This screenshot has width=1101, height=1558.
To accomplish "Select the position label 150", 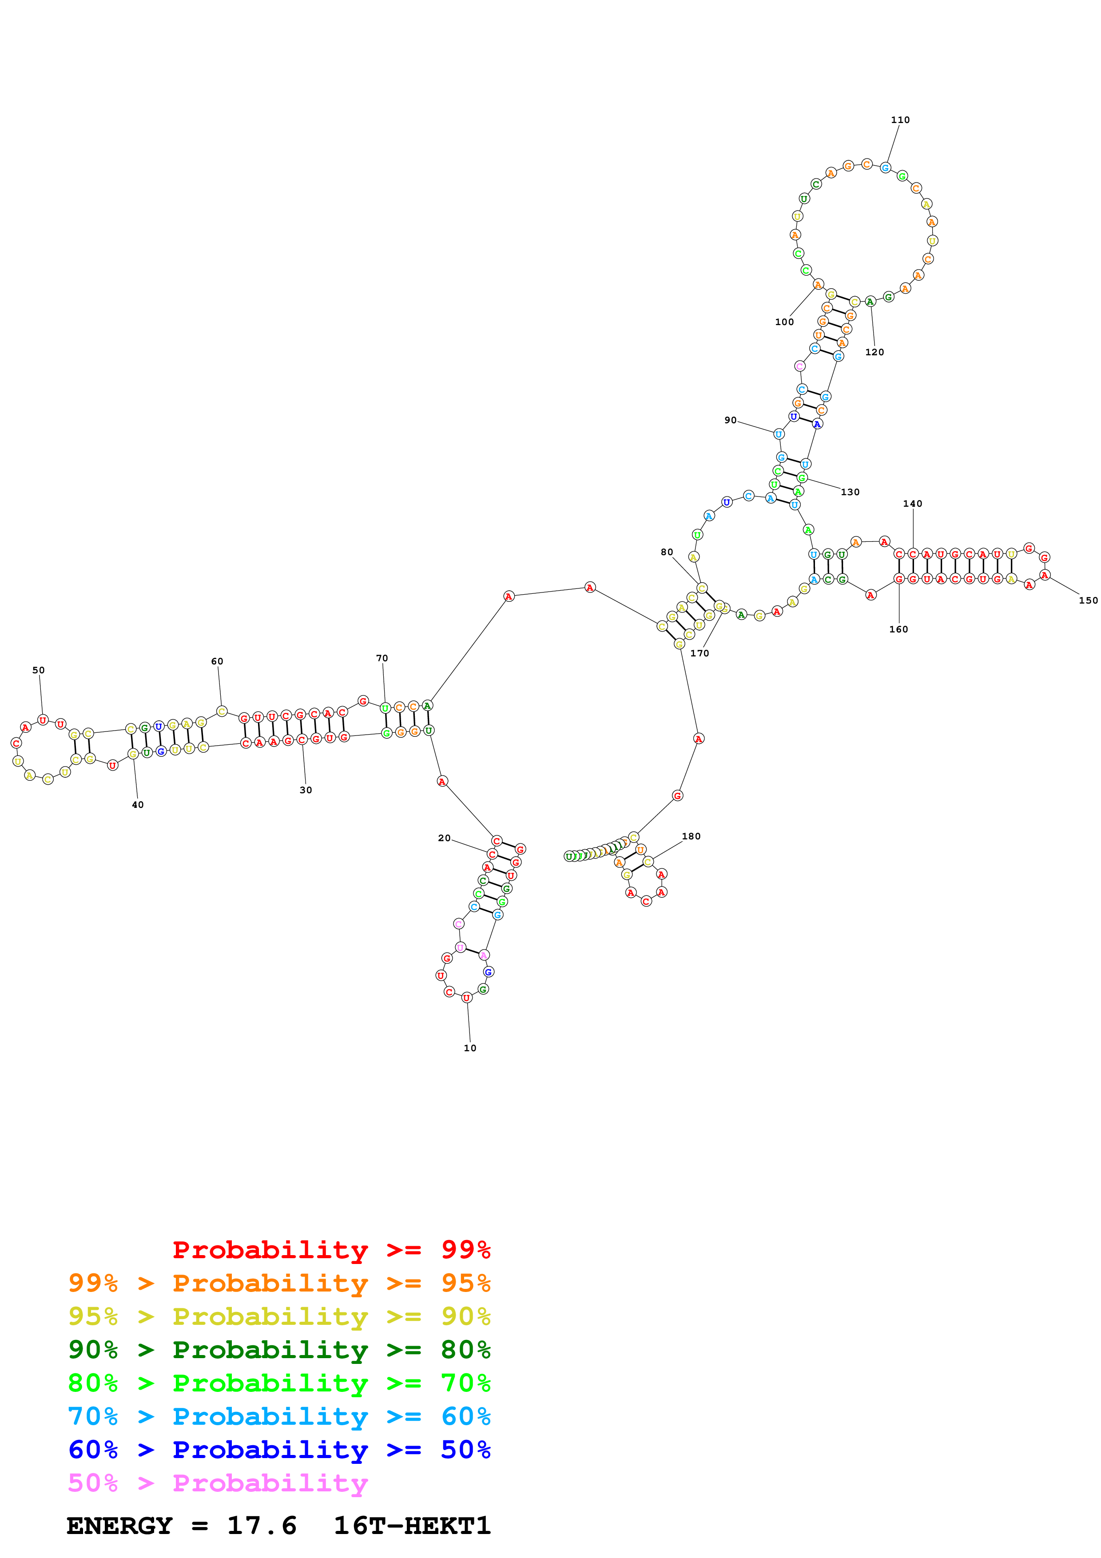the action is (1088, 600).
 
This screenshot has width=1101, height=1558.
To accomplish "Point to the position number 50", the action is (39, 671).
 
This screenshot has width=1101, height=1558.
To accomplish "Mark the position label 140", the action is (912, 504).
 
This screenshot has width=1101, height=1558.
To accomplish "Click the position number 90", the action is (730, 421).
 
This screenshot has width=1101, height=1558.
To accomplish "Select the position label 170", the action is (700, 653).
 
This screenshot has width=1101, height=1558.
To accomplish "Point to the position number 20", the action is (444, 839).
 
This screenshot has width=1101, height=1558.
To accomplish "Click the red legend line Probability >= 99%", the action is (331, 1250).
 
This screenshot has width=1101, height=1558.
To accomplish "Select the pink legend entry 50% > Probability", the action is (218, 1483).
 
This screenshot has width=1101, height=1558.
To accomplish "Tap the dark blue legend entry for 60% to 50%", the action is (279, 1450).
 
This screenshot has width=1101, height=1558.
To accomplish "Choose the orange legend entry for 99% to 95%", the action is (279, 1283).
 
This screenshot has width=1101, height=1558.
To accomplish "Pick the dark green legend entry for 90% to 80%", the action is (279, 1350).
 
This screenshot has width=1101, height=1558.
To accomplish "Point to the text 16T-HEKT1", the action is (412, 1526).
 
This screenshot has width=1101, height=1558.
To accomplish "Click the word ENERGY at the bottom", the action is (119, 1526).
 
